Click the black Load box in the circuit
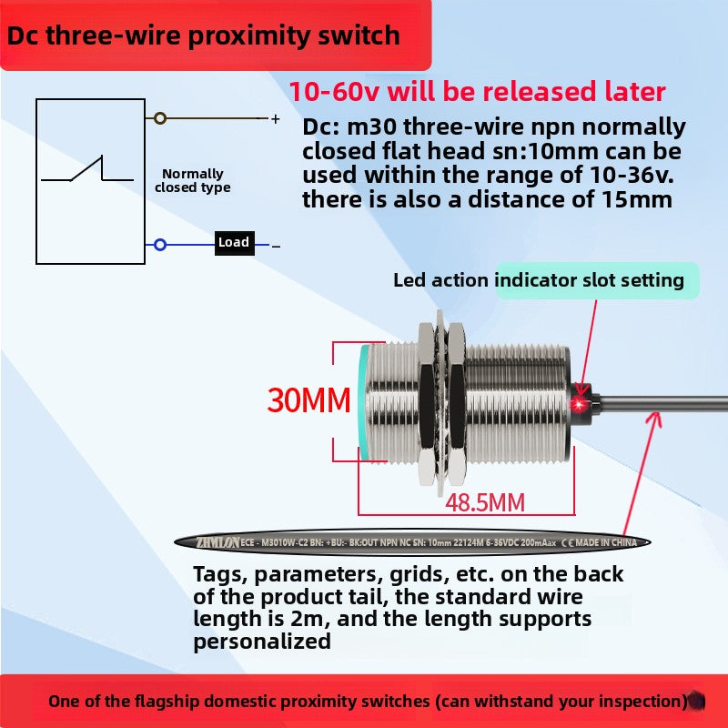click(x=234, y=243)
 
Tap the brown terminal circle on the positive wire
click(x=160, y=118)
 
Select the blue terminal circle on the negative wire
click(x=160, y=245)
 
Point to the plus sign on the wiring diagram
click(x=275, y=118)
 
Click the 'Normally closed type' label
click(x=192, y=180)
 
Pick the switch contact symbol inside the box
click(x=89, y=171)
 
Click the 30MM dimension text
click(x=308, y=399)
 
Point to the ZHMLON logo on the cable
click(x=217, y=542)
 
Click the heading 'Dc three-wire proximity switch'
click(x=204, y=35)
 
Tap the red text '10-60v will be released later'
click(x=478, y=92)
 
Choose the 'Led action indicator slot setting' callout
click(x=539, y=280)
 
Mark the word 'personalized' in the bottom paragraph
click(x=262, y=641)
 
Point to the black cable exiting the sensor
click(x=664, y=400)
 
